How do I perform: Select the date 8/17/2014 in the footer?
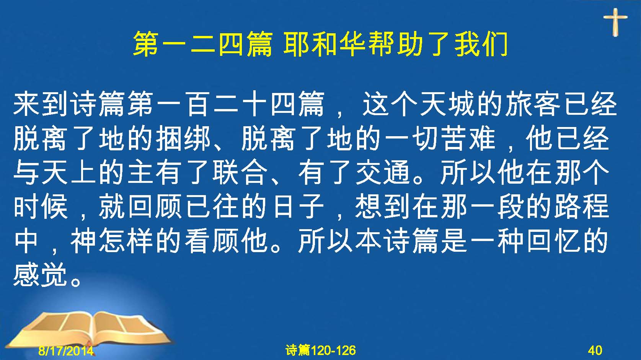point(66,350)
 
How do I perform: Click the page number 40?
point(595,350)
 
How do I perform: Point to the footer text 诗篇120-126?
point(321,350)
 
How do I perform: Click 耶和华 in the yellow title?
point(325,44)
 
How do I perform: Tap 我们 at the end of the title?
point(481,44)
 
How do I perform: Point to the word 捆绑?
point(183,138)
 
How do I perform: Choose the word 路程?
point(581,206)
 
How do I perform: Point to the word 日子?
point(298,206)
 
